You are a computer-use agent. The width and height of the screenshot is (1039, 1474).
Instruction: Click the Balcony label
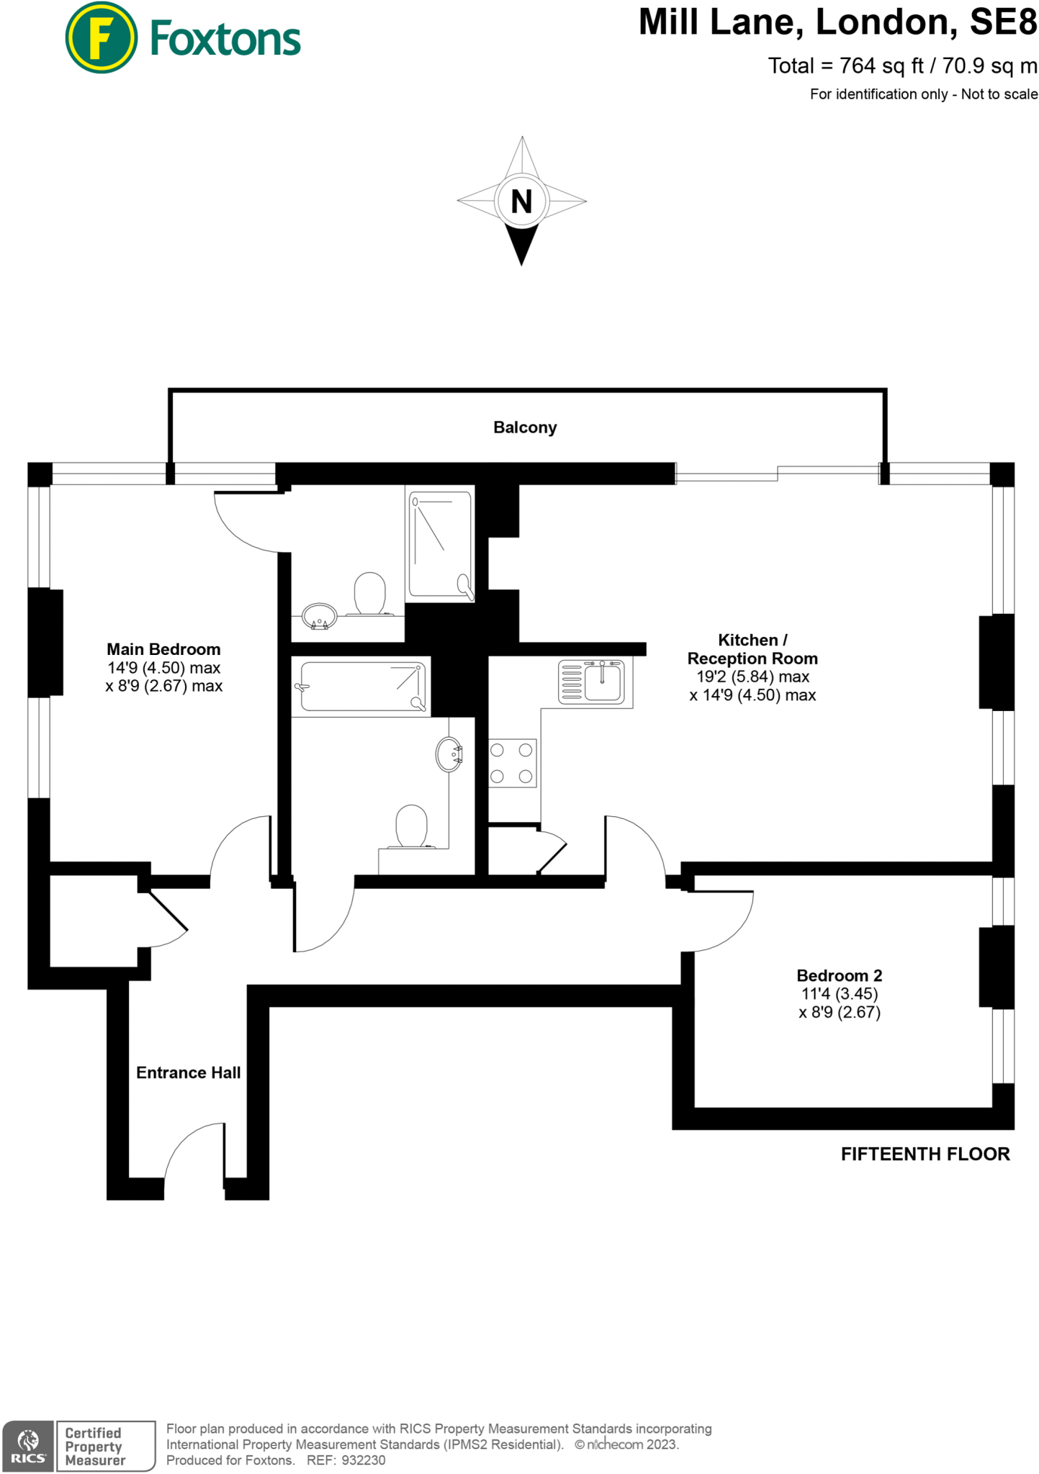coord(525,428)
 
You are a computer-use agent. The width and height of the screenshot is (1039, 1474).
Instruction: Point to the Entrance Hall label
coord(188,1072)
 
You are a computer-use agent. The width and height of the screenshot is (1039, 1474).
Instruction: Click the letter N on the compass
coord(521,202)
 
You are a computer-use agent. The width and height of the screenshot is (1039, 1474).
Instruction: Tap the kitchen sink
coord(603,681)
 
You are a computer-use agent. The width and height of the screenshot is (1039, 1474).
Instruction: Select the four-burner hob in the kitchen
coord(512,763)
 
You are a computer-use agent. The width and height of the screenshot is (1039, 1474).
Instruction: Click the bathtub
coord(361,687)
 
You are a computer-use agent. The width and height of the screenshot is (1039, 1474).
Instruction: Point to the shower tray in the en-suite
coord(440,544)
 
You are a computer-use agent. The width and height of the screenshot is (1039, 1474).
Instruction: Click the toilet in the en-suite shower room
coord(370,594)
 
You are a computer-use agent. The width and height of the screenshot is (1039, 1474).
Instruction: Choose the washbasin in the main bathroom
coord(449,754)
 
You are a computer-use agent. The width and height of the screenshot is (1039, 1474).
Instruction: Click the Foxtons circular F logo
coord(101,38)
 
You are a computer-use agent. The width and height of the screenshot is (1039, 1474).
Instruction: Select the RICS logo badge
coord(28,1446)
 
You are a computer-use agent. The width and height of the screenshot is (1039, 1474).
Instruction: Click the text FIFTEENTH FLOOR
coord(925,1154)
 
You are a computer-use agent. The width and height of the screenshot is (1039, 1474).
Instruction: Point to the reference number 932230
coord(364,1460)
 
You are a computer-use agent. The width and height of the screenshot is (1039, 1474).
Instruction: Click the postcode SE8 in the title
coord(1003,23)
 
